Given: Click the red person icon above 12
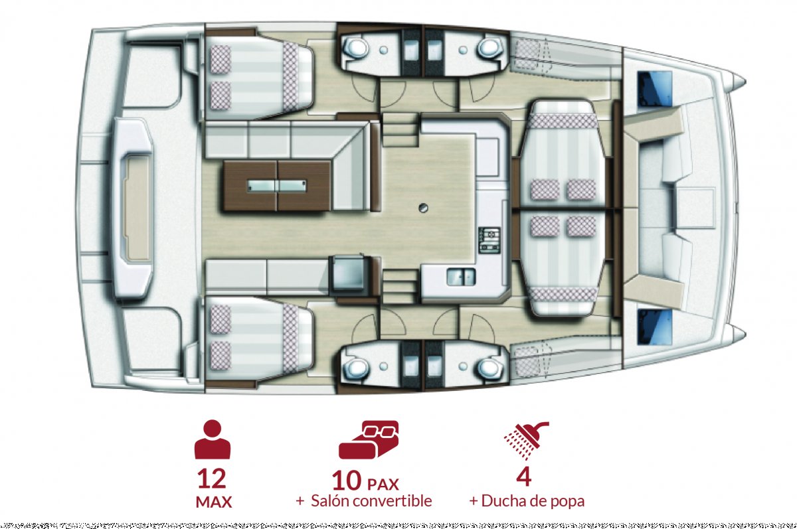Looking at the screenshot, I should coord(213,439).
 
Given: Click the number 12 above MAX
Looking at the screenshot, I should coord(212,478).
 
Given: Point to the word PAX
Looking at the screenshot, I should coord(384,482).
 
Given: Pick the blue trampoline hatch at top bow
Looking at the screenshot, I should coord(654,87).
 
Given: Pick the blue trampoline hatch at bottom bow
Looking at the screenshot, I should coord(654,326).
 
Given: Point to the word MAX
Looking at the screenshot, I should coord(213,502).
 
